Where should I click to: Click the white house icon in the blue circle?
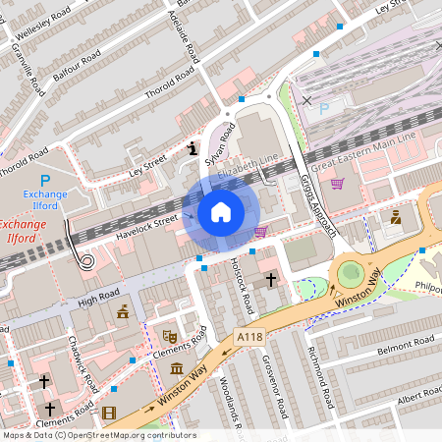click(221, 211)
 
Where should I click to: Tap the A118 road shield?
click(249, 336)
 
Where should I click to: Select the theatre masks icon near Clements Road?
click(168, 336)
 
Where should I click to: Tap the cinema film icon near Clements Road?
click(108, 413)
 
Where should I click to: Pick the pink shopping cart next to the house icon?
click(261, 232)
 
